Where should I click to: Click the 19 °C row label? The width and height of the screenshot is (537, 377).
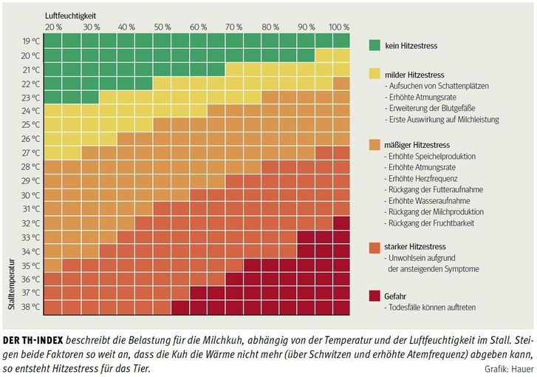click(30, 41)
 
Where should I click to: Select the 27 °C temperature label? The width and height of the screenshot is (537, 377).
click(30, 153)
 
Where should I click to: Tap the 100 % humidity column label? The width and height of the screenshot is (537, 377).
click(340, 27)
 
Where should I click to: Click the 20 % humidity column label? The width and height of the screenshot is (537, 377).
click(53, 27)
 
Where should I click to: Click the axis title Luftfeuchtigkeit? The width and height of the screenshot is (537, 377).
click(71, 16)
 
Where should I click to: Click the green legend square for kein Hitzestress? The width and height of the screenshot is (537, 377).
click(376, 46)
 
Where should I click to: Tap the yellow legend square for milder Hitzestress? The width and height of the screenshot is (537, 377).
click(376, 74)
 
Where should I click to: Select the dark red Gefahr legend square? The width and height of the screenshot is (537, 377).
click(376, 296)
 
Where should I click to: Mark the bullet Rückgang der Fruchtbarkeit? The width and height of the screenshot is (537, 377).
click(430, 223)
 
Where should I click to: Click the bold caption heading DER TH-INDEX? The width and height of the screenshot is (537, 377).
click(33, 341)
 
